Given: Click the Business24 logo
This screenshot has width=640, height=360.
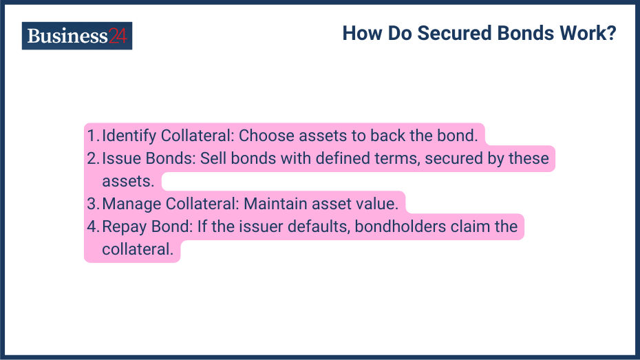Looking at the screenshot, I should click(x=76, y=36).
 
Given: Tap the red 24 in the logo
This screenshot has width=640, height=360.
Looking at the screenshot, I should click(x=118, y=36).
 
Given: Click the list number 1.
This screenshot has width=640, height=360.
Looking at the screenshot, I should click(x=92, y=135).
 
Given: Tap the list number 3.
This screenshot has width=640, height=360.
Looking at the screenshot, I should click(x=93, y=204).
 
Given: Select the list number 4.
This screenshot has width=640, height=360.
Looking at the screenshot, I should click(x=93, y=226).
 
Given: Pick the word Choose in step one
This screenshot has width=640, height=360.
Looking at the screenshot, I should click(x=265, y=135).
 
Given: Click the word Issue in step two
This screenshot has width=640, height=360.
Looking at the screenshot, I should click(x=120, y=158).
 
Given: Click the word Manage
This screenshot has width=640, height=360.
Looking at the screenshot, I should click(x=129, y=204).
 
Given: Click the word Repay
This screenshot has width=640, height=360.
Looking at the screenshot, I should click(x=124, y=226).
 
